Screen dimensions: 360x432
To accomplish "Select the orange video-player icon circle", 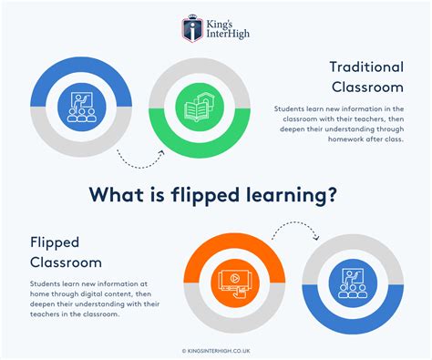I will (x=230, y=281).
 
